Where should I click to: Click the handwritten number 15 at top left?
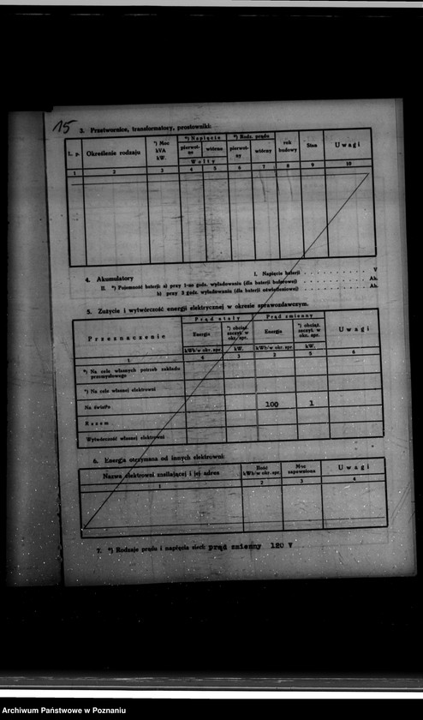63,127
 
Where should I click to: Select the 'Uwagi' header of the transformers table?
348,144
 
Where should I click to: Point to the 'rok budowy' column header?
289,146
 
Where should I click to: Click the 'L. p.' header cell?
74,153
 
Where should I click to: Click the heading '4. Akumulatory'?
109,279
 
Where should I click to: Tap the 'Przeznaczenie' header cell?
127,336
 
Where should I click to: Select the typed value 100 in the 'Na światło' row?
272,403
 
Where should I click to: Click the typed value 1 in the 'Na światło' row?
311,402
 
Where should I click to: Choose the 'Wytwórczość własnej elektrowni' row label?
123,437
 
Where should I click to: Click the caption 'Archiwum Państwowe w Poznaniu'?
64,711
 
